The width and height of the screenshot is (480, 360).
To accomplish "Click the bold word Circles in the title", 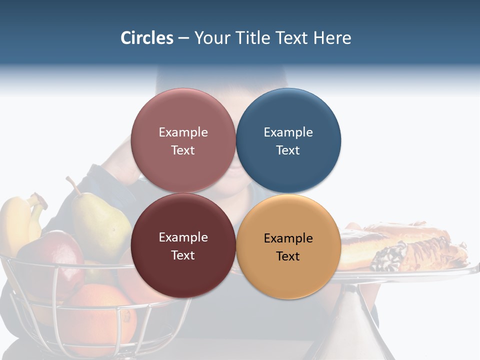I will pyautogui.click(x=147, y=38).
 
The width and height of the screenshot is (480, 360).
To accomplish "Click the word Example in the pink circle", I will pyautogui.click(x=183, y=132).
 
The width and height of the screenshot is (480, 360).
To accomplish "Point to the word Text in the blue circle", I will pyautogui.click(x=288, y=150).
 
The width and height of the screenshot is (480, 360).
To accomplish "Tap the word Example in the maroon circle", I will pyautogui.click(x=183, y=237).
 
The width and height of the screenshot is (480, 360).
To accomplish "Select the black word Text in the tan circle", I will pyautogui.click(x=288, y=256).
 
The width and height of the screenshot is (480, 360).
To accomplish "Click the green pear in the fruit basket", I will pyautogui.click(x=100, y=225).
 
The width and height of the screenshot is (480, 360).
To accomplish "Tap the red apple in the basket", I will pyautogui.click(x=57, y=255).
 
